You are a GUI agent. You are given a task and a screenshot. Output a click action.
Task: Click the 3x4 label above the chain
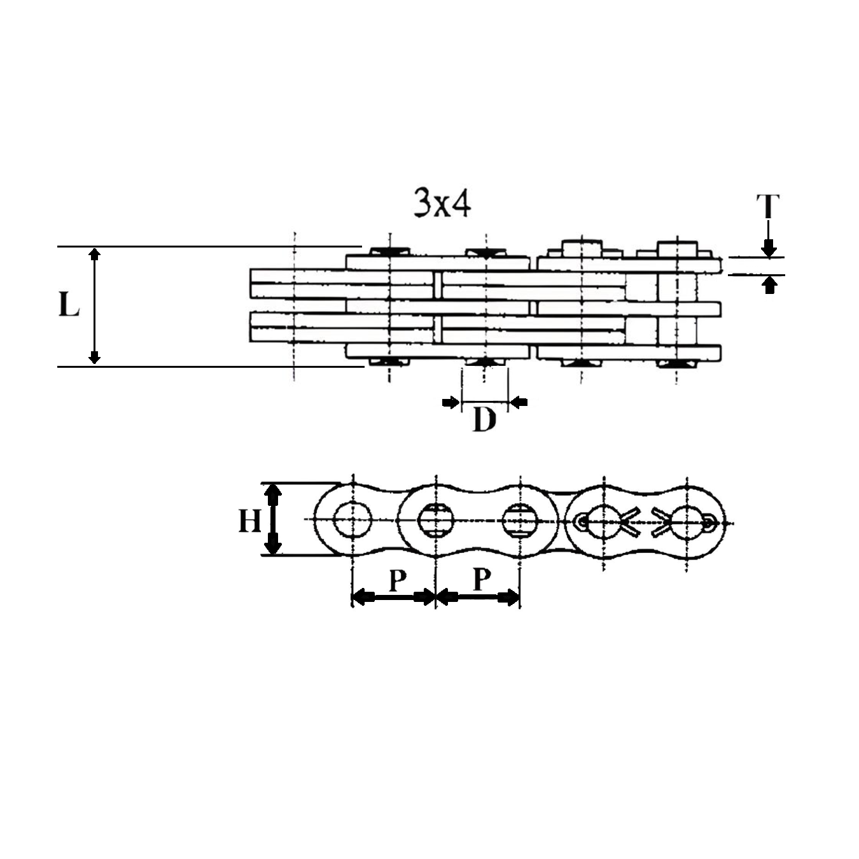442,203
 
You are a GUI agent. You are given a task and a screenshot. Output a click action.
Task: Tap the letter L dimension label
69,306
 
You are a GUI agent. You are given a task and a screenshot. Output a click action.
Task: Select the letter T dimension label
768,206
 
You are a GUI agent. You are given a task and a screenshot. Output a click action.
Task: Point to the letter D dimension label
484,420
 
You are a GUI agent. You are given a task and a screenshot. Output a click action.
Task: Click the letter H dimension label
249,522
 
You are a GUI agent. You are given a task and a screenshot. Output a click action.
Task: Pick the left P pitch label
397,580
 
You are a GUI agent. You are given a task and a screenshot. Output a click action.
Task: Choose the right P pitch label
482,579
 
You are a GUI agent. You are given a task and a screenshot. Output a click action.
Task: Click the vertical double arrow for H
273,519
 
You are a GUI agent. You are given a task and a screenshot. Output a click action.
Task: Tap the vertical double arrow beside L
95,306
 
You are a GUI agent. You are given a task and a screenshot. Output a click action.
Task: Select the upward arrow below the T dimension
770,285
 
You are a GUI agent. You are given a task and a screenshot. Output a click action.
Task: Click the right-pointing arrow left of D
450,402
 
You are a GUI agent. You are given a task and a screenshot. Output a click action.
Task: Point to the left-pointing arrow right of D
519,402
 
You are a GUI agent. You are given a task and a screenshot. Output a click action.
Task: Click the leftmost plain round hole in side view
352,519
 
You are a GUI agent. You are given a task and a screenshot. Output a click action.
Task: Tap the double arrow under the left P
393,597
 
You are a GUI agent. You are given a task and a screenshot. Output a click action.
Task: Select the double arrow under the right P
478,597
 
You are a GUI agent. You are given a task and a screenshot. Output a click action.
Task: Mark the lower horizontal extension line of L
210,367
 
